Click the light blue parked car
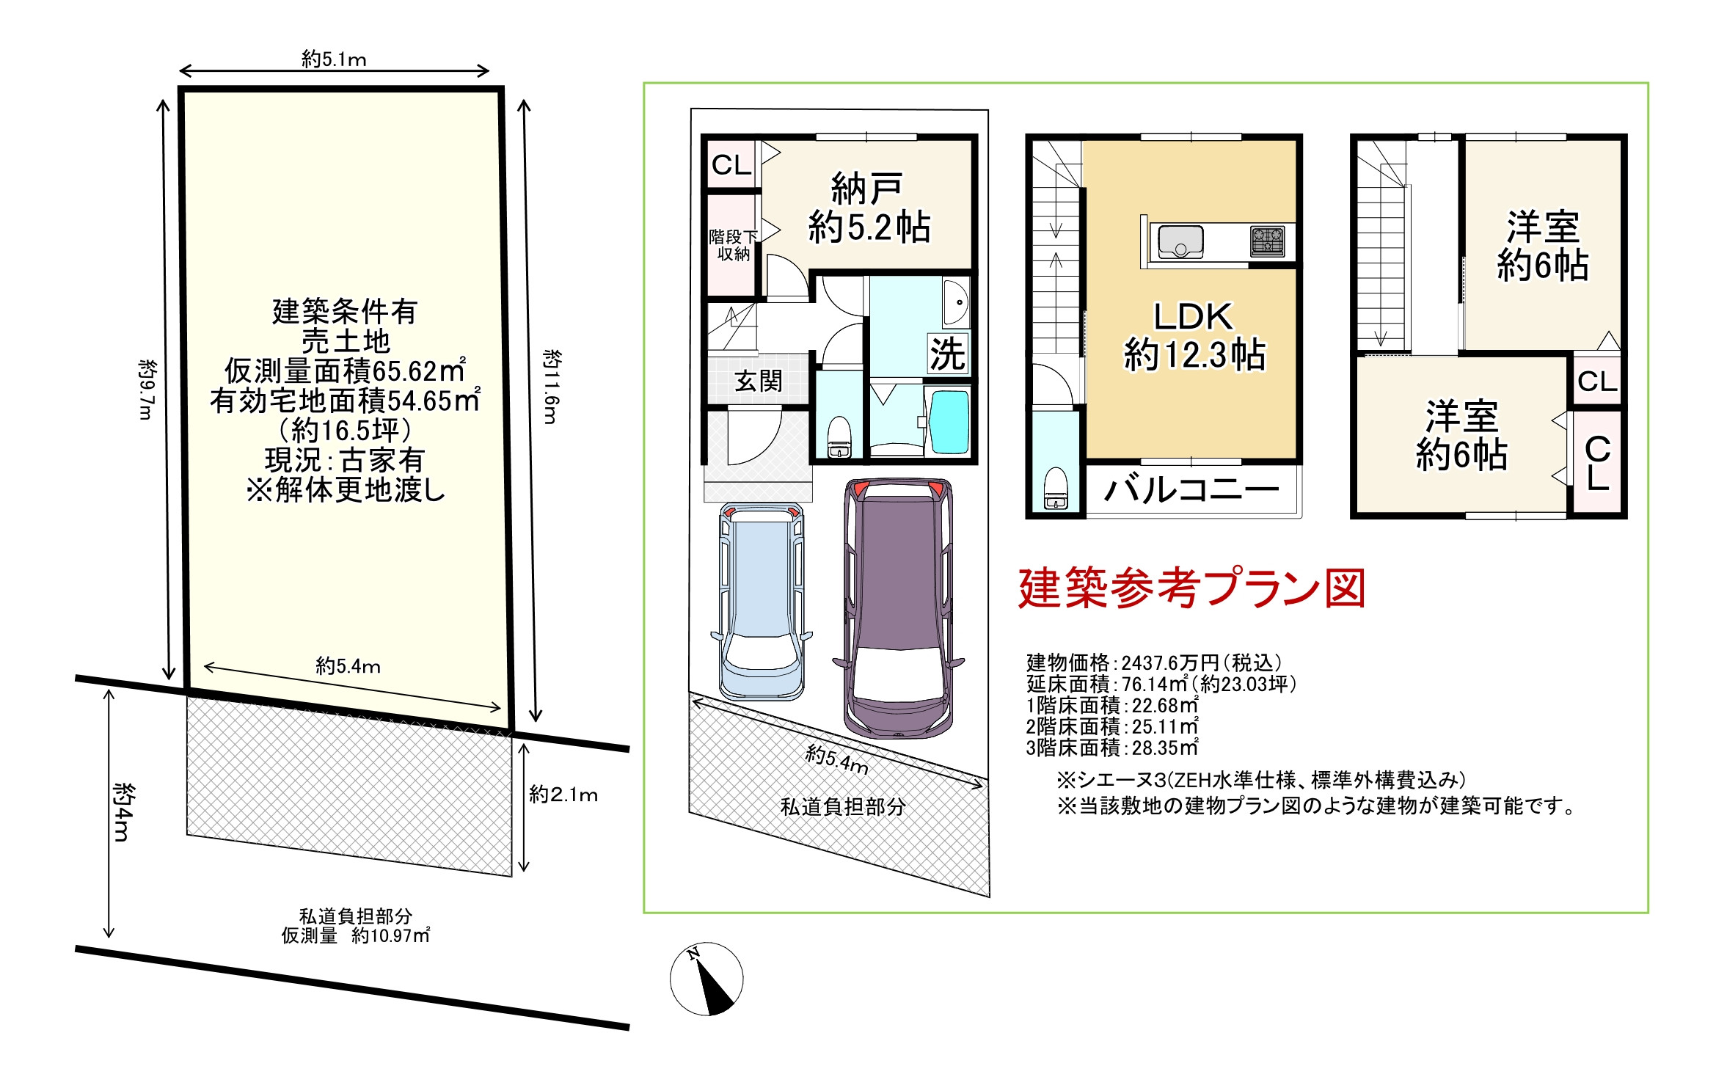coord(762,601)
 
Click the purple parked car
coord(898,608)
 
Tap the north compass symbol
coord(706,979)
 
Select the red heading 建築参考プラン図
coord(1191,588)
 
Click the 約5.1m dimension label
coord(334,59)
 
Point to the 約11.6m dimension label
coord(552,387)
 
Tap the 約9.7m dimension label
coord(147,389)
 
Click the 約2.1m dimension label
coord(563,795)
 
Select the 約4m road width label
coord(123,812)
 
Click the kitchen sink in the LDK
coord(1180,241)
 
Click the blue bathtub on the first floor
coord(949,423)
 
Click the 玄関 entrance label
coord(759,381)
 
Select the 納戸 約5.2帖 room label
coord(869,208)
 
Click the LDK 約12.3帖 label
coord(1194,335)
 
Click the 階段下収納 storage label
coord(733,245)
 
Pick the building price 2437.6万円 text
coord(1155,662)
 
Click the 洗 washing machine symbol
coord(948,354)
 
